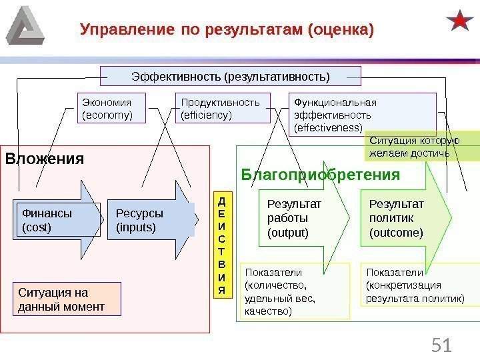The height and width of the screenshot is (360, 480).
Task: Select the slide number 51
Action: (x=440, y=345)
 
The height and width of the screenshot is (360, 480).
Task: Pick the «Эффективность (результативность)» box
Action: (x=230, y=77)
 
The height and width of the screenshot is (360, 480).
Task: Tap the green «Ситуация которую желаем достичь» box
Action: (x=413, y=147)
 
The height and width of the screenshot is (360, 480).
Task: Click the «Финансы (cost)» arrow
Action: (x=53, y=220)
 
